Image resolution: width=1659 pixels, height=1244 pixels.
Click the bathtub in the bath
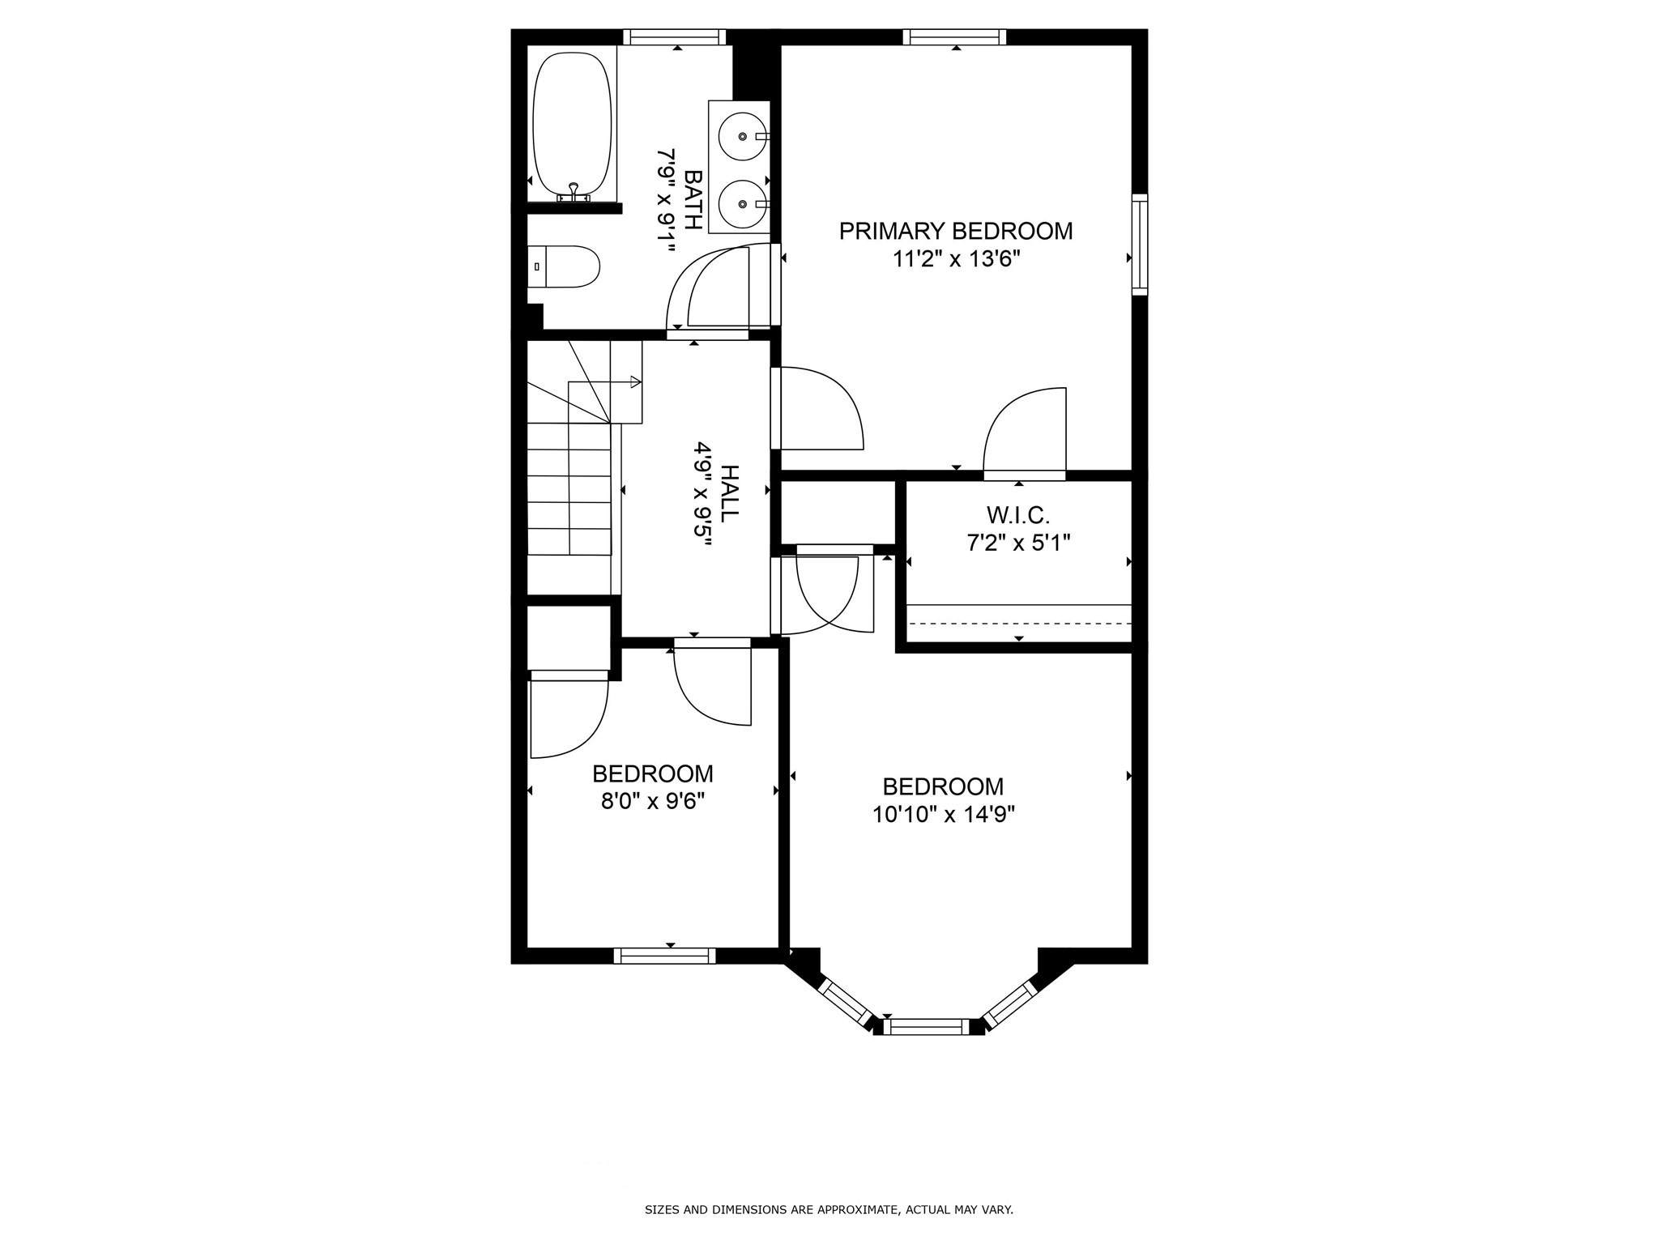(x=572, y=126)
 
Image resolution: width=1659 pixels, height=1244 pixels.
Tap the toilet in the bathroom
(x=569, y=266)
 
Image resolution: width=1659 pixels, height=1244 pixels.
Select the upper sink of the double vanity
(x=742, y=137)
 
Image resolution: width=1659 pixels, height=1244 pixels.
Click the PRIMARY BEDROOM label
(x=955, y=231)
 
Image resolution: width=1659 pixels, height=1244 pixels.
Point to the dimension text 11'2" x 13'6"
(x=955, y=259)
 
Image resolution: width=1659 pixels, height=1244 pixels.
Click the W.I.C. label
(x=1018, y=514)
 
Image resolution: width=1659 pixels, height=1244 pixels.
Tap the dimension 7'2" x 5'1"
(x=1018, y=543)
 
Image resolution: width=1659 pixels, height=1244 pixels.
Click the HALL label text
(x=730, y=493)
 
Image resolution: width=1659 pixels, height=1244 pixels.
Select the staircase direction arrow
(x=635, y=382)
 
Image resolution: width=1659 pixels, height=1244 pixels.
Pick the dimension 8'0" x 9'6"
(x=653, y=801)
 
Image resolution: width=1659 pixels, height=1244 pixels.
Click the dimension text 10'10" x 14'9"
(x=944, y=814)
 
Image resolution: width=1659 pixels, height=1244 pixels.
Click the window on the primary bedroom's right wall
(x=1140, y=244)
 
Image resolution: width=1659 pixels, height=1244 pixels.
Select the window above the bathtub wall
(x=674, y=36)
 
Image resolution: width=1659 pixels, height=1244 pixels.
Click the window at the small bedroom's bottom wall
(x=664, y=956)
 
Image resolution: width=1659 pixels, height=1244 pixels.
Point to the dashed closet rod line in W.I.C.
(x=1018, y=623)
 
